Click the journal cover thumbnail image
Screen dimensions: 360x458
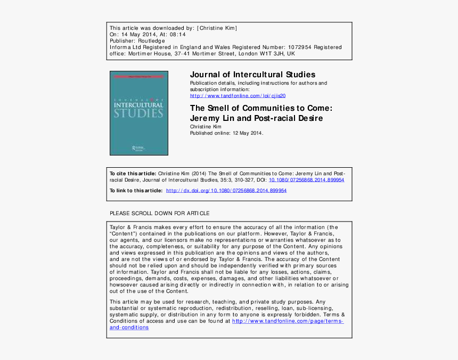pos(138,113)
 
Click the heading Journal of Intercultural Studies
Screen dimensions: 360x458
pos(252,75)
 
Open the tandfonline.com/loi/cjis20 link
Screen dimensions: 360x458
pos(238,96)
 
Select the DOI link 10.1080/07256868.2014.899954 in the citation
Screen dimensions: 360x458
pos(306,180)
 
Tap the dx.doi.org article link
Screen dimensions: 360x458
pos(226,191)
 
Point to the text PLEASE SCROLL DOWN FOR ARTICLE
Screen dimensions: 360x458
pos(159,214)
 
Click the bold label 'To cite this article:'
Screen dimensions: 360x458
pos(133,174)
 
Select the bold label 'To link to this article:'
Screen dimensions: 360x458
pos(136,191)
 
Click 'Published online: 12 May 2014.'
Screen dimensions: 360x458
pos(226,133)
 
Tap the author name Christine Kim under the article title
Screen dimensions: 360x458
pos(206,127)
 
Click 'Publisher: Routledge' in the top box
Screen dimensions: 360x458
pos(137,40)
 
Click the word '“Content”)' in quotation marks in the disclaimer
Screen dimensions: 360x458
pos(126,234)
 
